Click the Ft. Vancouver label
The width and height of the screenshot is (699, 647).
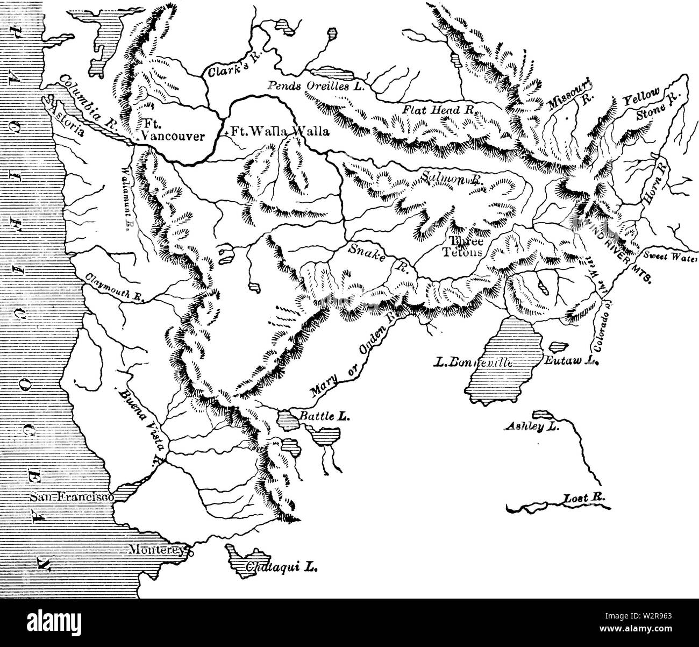(172, 131)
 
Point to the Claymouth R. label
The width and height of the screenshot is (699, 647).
(112, 289)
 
